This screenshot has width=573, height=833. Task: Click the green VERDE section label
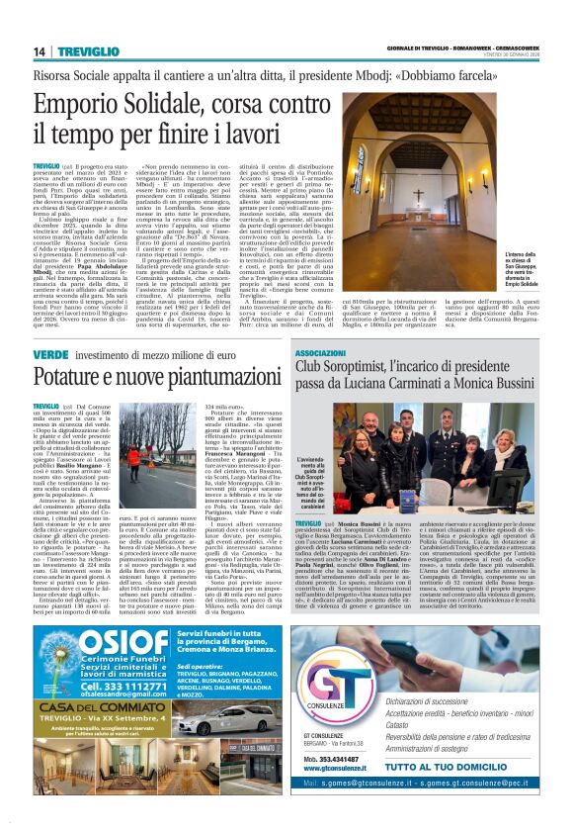pos(49,354)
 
